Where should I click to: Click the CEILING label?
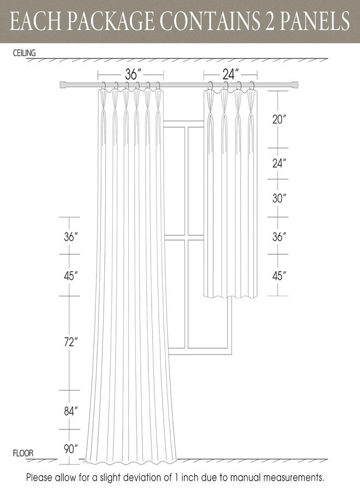point(24,53)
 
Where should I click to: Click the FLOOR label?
point(23,453)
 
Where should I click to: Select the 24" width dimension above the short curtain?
point(231,75)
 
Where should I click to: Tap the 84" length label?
point(71,411)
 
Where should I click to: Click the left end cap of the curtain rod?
point(63,84)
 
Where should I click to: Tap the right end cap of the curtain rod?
point(294,84)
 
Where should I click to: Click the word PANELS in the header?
point(314,21)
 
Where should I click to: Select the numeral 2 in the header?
point(269,21)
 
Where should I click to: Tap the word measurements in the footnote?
point(293,478)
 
